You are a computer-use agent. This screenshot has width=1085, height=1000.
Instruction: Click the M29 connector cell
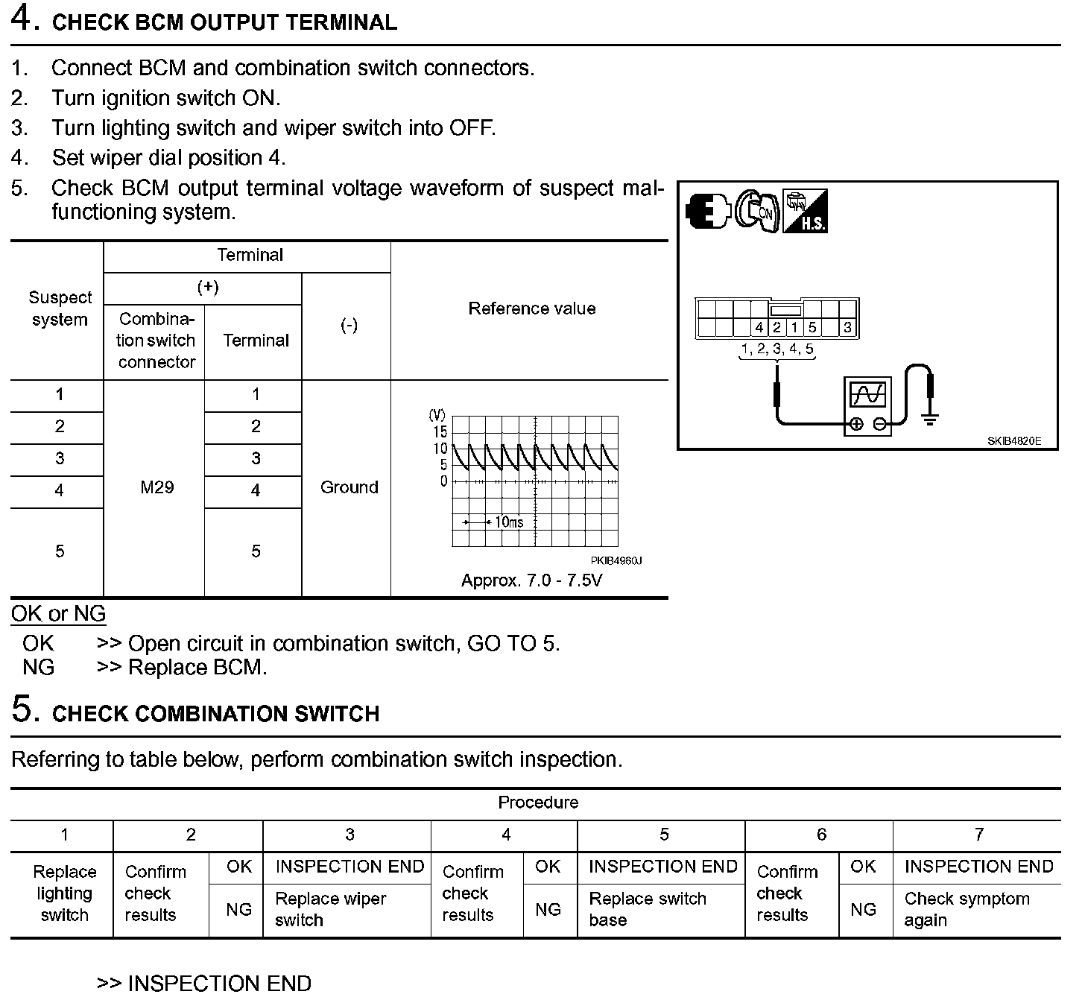(x=156, y=487)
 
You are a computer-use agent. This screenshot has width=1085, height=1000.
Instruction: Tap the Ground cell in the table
(x=349, y=487)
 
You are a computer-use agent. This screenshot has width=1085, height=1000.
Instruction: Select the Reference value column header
(x=531, y=308)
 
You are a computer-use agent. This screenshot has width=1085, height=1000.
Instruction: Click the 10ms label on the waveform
(x=509, y=522)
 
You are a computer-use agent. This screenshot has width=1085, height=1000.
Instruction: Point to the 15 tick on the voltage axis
(x=440, y=432)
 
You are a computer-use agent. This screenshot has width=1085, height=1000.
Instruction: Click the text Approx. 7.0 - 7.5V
(x=531, y=580)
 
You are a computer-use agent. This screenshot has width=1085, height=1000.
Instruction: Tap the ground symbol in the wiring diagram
(x=929, y=419)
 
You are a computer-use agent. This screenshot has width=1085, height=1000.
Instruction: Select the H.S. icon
(x=806, y=212)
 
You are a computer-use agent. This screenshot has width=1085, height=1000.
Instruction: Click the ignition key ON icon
(x=757, y=212)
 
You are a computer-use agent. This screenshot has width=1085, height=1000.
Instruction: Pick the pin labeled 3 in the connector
(x=847, y=327)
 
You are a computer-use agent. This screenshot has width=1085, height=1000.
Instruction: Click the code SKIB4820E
(x=1013, y=441)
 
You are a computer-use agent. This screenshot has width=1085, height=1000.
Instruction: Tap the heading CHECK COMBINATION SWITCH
(x=215, y=714)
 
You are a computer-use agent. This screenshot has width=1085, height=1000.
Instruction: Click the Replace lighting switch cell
(x=65, y=893)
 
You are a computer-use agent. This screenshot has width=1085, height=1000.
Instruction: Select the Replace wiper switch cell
(x=330, y=909)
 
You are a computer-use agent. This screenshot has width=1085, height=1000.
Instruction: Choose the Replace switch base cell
(x=647, y=909)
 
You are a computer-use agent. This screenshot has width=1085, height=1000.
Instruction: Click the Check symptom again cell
(x=967, y=909)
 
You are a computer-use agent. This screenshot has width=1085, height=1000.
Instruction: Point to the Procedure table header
(x=538, y=803)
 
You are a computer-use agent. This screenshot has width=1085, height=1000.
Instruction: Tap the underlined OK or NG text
(x=58, y=614)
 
